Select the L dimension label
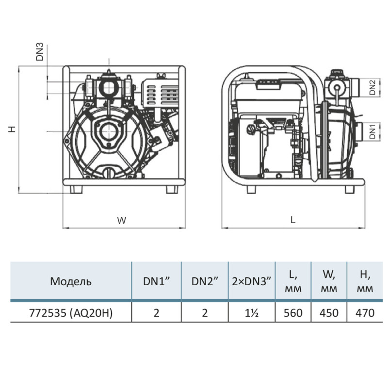coord(292,220)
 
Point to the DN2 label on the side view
coord(372,87)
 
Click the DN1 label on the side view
coord(372,132)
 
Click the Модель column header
coord(71,281)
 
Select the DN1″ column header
coord(156,281)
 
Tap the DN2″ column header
coord(205,281)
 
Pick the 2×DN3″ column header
coord(252,281)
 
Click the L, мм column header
coord(293,281)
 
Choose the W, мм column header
coord(329,281)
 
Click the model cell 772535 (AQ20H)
coord(71,313)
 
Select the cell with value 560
coord(293,313)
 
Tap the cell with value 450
coord(329,313)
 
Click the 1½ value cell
coord(252,313)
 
